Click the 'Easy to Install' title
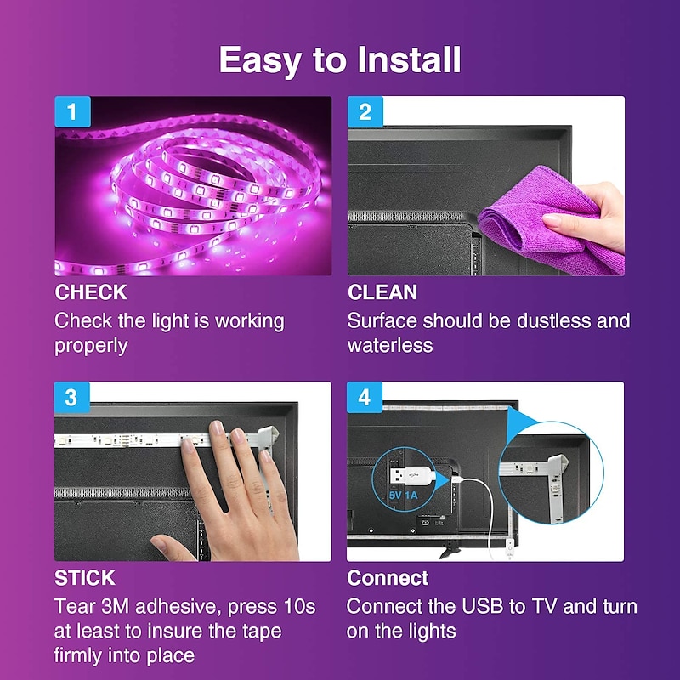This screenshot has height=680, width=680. pyautogui.click(x=339, y=60)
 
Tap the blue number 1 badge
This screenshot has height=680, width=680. pyautogui.click(x=72, y=112)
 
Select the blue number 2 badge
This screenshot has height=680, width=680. pyautogui.click(x=365, y=112)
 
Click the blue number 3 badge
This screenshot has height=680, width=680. pyautogui.click(x=71, y=397)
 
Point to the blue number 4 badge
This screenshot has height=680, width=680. pyautogui.click(x=365, y=397)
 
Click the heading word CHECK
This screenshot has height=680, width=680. pyautogui.click(x=91, y=292)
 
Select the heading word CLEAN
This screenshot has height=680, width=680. pyautogui.click(x=382, y=292)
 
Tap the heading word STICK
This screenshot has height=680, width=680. pyautogui.click(x=85, y=578)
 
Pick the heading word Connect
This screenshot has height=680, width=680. pyautogui.click(x=388, y=578)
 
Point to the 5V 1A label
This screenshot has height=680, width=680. pyautogui.click(x=403, y=496)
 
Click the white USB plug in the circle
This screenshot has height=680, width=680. pyautogui.click(x=412, y=476)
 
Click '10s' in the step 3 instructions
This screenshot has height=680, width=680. pyautogui.click(x=300, y=607)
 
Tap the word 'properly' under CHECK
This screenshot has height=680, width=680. pyautogui.click(x=91, y=347)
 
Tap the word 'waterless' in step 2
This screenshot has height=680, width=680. pyautogui.click(x=390, y=346)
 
